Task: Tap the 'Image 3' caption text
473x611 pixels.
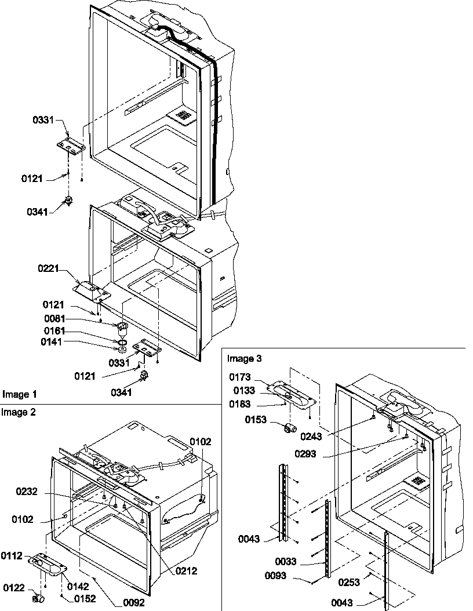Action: pyautogui.click(x=244, y=358)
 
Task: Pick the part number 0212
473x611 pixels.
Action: pyautogui.click(x=186, y=571)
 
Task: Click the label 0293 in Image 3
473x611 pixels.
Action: pyautogui.click(x=305, y=454)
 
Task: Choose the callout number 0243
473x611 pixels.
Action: pyautogui.click(x=312, y=436)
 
